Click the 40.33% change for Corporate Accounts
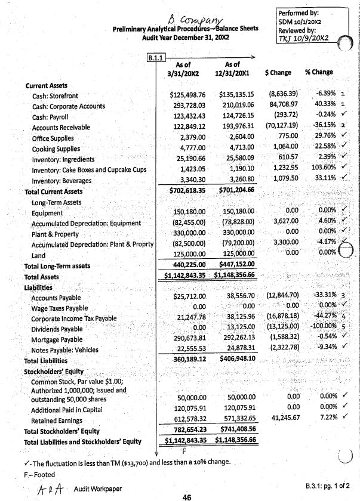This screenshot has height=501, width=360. point(322,106)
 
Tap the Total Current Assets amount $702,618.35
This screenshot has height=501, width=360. point(187,191)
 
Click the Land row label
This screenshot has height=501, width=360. point(39,255)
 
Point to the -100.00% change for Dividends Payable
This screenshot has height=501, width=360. point(320,328)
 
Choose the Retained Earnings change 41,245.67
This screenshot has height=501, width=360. point(282,418)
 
